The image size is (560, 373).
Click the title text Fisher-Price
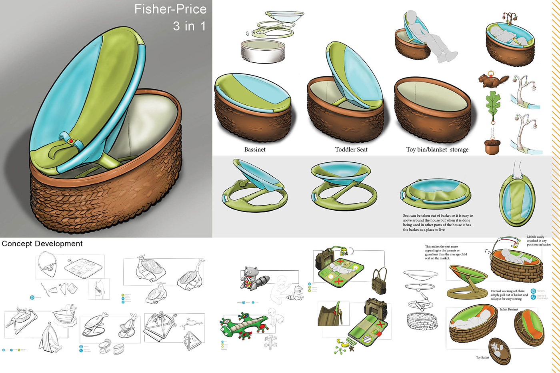coord(170,9)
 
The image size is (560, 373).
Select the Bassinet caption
coord(255,150)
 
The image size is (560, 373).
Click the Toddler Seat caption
coord(351,150)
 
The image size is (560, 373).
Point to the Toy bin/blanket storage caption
coord(437,150)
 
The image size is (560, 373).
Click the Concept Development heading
coord(42,244)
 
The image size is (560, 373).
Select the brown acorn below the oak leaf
coord(492,146)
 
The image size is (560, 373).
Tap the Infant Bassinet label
coord(509,309)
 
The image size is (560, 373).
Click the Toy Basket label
coord(482,357)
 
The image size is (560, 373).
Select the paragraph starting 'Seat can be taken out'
coord(437,222)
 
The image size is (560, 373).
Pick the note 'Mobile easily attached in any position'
coord(538,241)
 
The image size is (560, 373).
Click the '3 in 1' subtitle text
coord(189,26)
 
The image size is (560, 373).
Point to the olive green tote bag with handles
coord(378,282)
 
